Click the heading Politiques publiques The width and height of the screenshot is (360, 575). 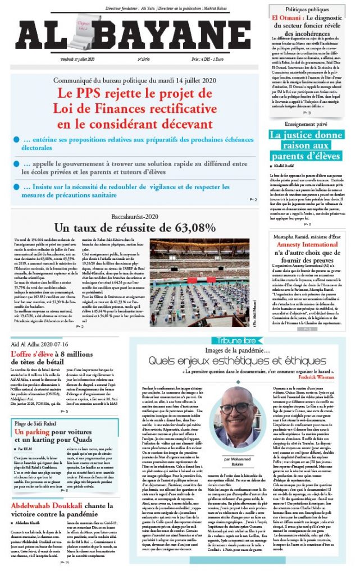click(311, 10)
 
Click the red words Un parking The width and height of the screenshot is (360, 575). click(32, 432)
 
